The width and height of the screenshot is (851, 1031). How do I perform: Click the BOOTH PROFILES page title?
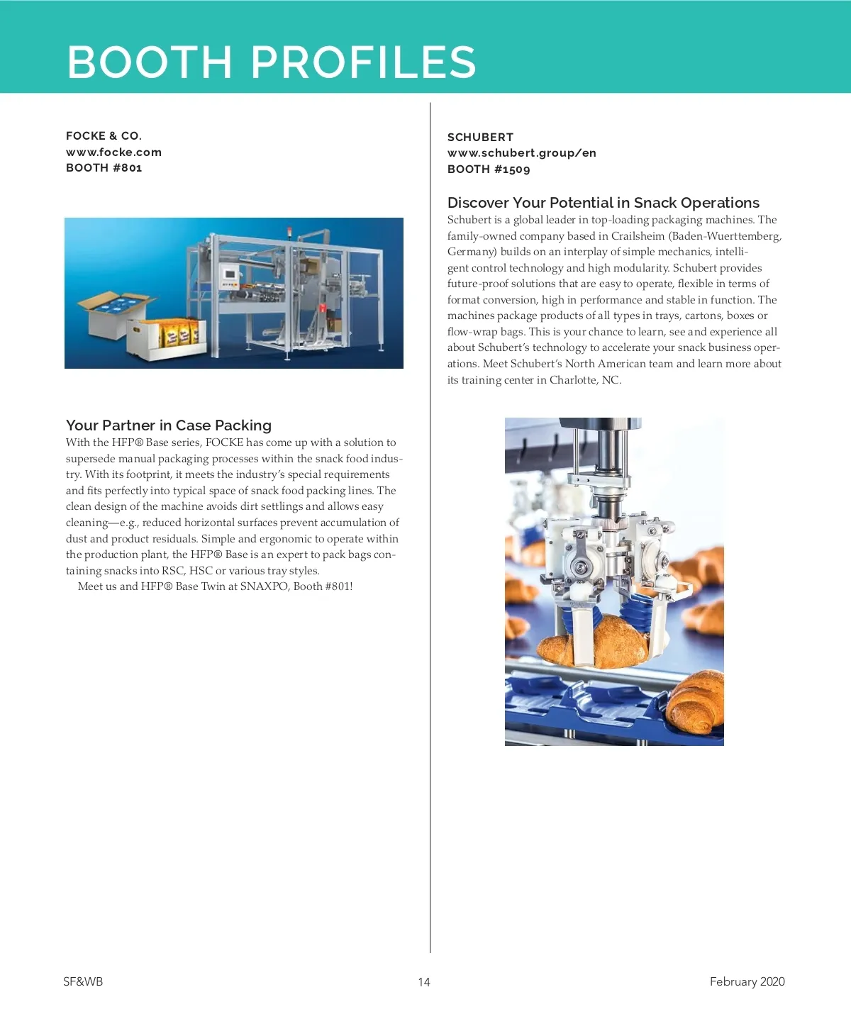point(272,62)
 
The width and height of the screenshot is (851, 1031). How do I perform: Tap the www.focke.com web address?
point(113,152)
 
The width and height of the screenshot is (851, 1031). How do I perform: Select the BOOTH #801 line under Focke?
point(104,168)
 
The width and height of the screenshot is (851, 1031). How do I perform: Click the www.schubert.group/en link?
point(521,153)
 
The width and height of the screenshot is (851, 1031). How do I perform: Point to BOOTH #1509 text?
point(489,169)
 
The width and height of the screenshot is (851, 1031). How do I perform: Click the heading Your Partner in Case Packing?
point(169,425)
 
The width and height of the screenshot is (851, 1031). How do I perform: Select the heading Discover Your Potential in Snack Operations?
point(603,203)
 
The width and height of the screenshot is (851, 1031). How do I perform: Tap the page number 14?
point(424,982)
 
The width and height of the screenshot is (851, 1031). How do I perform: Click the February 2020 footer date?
point(747,981)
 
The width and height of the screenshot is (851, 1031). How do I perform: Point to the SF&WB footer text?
point(83,981)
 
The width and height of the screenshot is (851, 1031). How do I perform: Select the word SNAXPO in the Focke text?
point(264,586)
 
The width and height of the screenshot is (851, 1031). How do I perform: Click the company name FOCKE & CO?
point(104,135)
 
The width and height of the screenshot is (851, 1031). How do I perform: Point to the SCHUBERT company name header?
point(480,137)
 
